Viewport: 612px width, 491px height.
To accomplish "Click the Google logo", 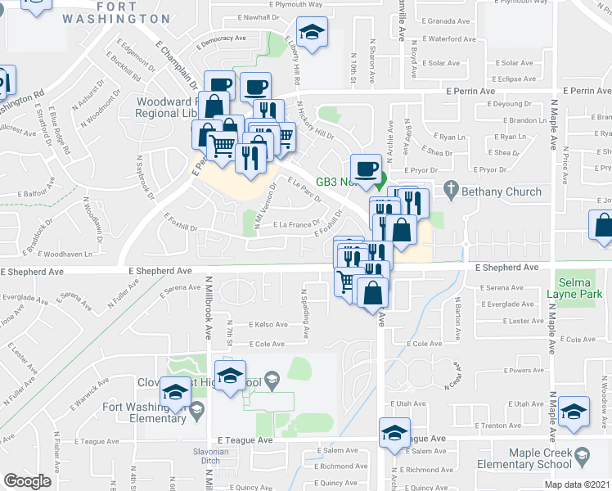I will (27, 481).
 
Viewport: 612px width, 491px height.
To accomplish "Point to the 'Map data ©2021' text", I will (577, 484).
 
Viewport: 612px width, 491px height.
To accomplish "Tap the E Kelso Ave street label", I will (268, 325).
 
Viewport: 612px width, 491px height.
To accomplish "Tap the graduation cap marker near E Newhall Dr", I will (311, 33).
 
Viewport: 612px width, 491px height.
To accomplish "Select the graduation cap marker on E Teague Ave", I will (395, 433).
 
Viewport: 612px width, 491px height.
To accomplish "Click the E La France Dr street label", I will (281, 224).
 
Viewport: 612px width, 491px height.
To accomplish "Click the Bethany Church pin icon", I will (450, 190).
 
